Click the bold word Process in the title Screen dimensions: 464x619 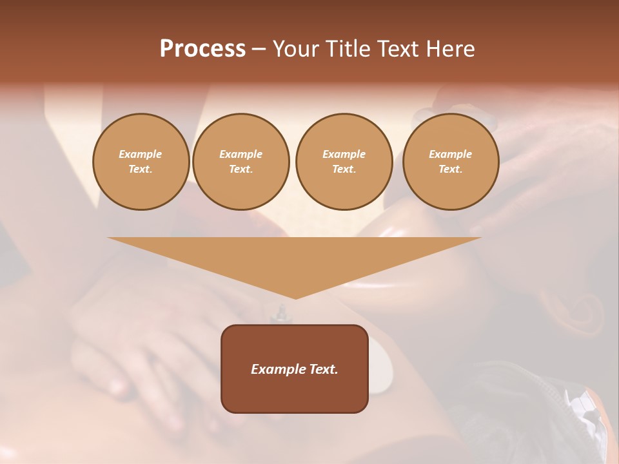[x=202, y=49]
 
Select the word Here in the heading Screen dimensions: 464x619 [x=451, y=49]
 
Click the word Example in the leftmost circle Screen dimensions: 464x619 [x=141, y=154]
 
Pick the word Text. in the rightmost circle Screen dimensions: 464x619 [x=451, y=169]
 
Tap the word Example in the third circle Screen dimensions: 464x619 [x=344, y=154]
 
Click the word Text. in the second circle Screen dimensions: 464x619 [x=241, y=169]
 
